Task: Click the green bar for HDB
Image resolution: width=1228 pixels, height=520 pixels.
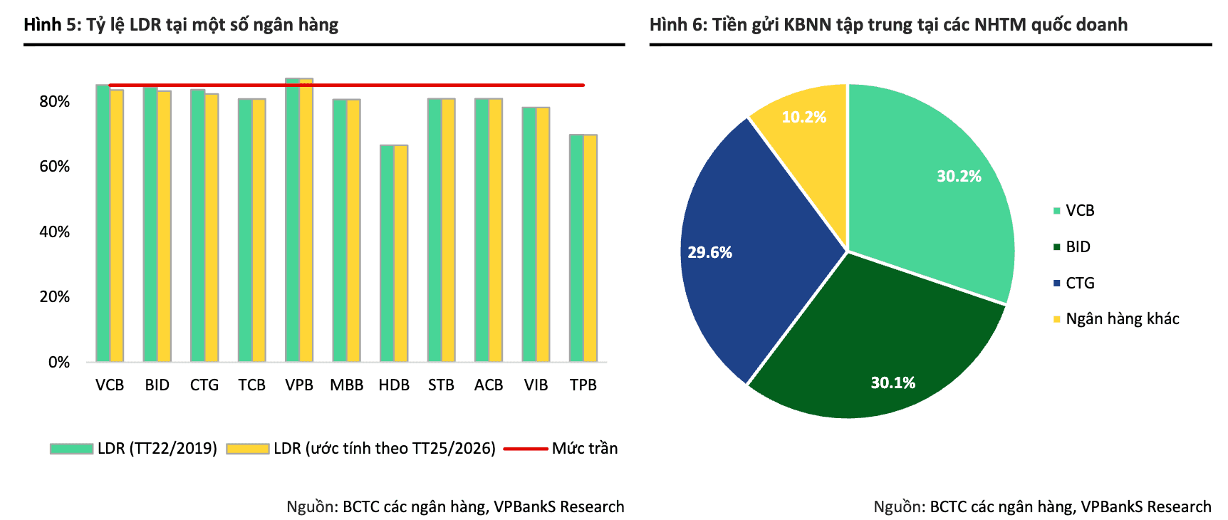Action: (x=387, y=254)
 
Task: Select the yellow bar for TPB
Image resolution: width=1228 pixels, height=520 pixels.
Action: (x=590, y=249)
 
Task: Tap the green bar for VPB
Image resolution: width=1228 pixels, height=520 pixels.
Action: (x=292, y=220)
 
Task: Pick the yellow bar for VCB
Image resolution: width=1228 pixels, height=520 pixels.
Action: (x=117, y=226)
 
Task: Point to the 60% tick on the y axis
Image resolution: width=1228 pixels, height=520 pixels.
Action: (x=55, y=167)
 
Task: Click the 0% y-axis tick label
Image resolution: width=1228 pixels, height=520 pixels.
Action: (x=59, y=362)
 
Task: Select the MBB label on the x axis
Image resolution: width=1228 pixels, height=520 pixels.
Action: (x=347, y=385)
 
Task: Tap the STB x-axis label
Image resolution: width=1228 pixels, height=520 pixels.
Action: (x=442, y=385)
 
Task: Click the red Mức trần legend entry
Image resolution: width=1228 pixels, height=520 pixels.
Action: (x=561, y=448)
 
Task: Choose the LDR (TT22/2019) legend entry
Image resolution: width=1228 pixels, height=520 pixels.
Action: (x=133, y=448)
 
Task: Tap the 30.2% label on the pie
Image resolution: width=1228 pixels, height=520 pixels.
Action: (x=959, y=177)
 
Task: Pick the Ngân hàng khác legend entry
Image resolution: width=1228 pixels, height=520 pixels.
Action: (x=1116, y=319)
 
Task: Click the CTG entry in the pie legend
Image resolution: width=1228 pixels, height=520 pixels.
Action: (x=1073, y=283)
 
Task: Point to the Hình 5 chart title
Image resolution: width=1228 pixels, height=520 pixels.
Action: (x=181, y=25)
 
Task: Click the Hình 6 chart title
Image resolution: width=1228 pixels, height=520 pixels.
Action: (x=888, y=25)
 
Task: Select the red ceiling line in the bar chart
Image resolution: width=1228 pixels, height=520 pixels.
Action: (x=347, y=85)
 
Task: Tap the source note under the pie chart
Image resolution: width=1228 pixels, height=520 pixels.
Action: (x=1042, y=506)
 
